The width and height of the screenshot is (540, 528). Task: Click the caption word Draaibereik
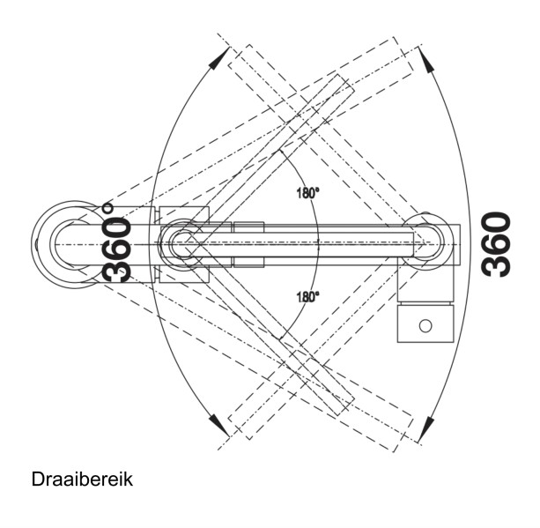82,480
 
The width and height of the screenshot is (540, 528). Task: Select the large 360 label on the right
497,243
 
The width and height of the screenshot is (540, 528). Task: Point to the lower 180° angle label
306,297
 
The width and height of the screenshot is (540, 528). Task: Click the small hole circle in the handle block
425,325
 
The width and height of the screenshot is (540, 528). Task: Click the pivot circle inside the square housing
183,243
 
